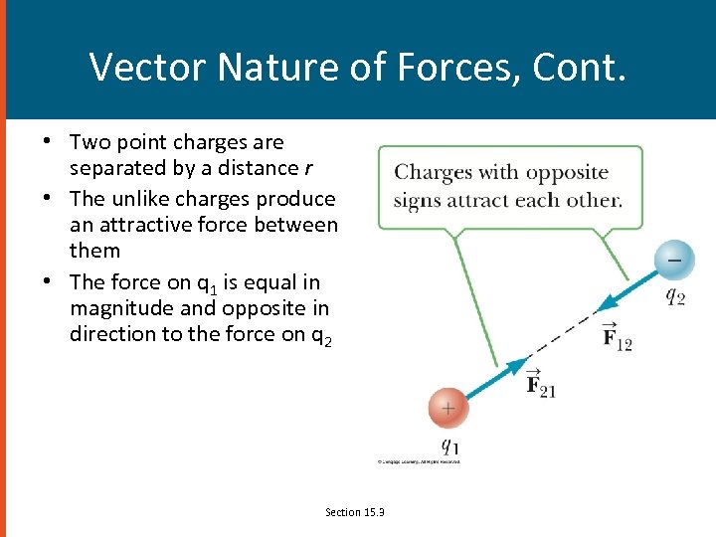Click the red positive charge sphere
447,408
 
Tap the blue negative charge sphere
673,260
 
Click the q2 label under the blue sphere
674,296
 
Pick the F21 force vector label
540,385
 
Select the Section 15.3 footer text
354,512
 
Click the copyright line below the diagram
418,461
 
